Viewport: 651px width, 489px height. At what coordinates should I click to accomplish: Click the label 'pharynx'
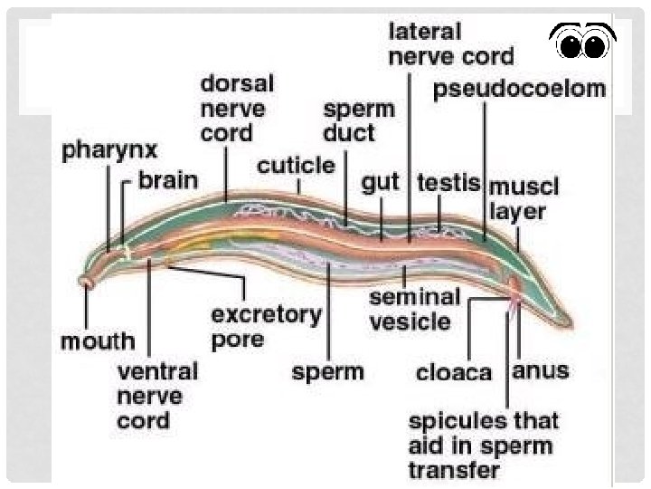point(109,150)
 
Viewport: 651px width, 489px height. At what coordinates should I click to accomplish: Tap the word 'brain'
point(167,179)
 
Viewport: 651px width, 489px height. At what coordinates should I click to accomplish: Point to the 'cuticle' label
point(296,167)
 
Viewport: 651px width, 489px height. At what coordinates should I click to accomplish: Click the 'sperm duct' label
point(359,120)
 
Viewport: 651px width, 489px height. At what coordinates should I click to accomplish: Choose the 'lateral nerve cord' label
point(450,43)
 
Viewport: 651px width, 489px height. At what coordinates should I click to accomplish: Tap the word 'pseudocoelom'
point(519,90)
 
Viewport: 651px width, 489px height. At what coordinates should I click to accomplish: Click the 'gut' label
point(380,183)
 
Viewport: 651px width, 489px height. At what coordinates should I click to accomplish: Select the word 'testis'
point(448,182)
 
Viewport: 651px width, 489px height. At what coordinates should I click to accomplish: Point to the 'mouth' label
point(98,341)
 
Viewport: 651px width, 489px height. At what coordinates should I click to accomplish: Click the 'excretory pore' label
point(266,327)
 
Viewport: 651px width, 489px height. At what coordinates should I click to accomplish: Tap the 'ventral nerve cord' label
point(157,396)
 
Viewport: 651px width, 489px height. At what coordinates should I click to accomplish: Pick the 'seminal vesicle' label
point(415,308)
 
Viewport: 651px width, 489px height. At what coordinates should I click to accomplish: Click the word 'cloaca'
point(454,371)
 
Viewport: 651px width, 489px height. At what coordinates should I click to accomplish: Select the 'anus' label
point(541,370)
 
